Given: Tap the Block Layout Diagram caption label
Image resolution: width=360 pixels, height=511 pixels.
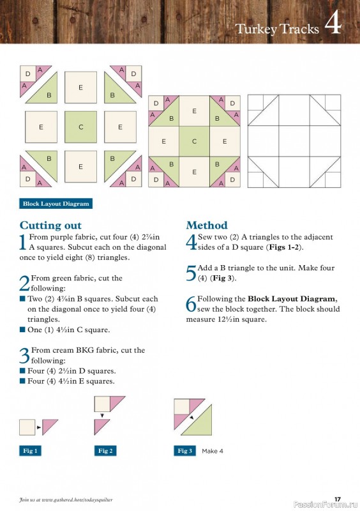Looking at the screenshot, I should pos(56,204).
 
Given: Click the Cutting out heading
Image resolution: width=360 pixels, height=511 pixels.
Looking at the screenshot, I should pos(50,225).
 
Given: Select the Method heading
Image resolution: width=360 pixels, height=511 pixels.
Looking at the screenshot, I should pos(206,225).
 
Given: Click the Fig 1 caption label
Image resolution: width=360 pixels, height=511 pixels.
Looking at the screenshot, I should pos(30,451).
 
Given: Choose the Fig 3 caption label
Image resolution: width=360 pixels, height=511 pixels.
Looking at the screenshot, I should pos(184,451).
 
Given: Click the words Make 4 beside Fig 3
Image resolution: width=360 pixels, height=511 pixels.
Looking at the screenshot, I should pos(213,451).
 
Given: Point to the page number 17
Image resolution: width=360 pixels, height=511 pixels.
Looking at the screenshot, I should pos(338,499).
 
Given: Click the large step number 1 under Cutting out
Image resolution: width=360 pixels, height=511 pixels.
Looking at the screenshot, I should pos(24,242).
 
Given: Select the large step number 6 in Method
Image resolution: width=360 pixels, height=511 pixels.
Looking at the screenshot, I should pos(191,304).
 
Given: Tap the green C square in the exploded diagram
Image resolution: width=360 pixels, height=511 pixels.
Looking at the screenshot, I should pos(81,127).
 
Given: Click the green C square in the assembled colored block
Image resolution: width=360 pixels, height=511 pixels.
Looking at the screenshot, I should pos(195,141).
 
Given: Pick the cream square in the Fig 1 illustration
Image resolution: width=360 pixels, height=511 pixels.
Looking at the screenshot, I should pos(27,427).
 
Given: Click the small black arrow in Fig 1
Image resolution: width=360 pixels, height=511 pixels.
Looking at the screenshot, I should pos(39,427).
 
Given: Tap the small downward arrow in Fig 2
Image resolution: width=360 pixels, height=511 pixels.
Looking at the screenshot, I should pos(102,415).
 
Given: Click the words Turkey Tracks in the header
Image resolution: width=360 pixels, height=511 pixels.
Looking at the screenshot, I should pos(276,28).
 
